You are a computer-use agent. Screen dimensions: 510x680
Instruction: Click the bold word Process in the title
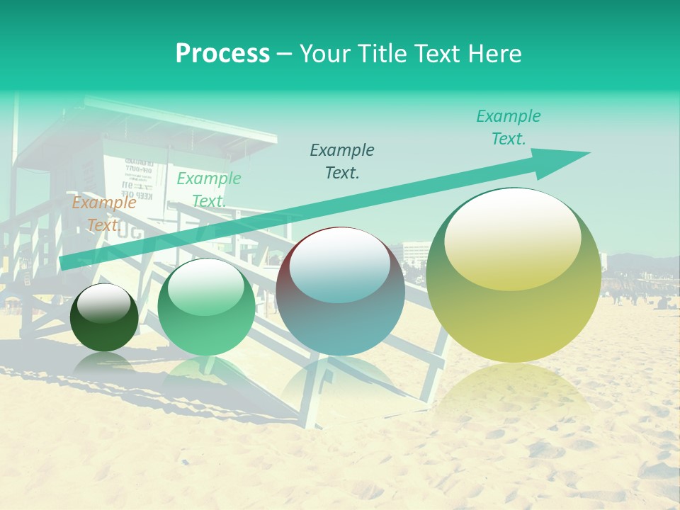click(222, 54)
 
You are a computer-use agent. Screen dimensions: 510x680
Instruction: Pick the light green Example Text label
click(208, 190)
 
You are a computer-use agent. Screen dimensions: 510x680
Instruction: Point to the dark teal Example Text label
click(342, 161)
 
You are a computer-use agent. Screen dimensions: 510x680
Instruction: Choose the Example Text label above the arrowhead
click(508, 127)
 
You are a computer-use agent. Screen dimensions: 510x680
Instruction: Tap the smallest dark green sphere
click(104, 318)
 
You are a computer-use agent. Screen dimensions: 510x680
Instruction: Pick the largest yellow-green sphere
click(514, 276)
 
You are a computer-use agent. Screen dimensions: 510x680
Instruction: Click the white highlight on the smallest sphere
click(103, 303)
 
